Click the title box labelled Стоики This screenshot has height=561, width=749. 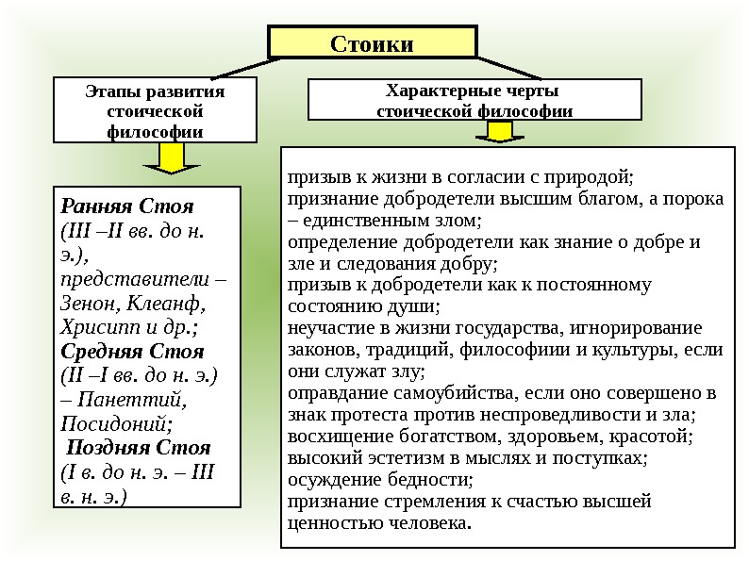[373, 42]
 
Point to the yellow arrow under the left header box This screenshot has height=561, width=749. [171, 161]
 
